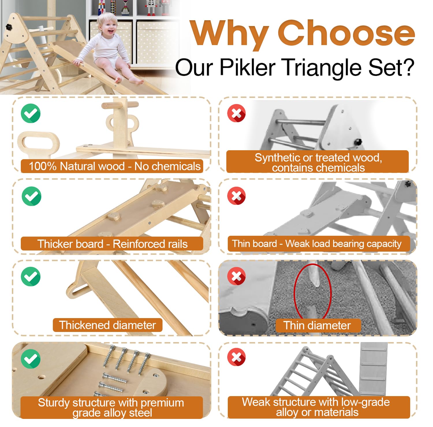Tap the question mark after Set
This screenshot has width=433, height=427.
(x=407, y=67)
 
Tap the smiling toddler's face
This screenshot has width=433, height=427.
(x=107, y=24)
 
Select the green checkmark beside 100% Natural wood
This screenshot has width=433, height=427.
(x=31, y=113)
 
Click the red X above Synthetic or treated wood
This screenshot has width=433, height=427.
(x=236, y=113)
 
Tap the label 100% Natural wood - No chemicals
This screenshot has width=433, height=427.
(x=112, y=166)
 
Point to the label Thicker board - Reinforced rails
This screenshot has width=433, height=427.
(x=112, y=244)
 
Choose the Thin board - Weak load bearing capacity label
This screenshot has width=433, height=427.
(x=317, y=244)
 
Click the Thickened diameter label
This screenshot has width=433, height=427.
(x=107, y=325)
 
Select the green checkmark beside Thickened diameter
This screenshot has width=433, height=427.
(x=31, y=276)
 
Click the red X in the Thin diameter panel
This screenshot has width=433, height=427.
(x=236, y=276)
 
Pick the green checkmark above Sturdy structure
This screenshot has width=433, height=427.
(x=31, y=359)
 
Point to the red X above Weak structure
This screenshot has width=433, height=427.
(x=236, y=357)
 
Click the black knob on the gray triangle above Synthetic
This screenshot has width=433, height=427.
(x=358, y=142)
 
